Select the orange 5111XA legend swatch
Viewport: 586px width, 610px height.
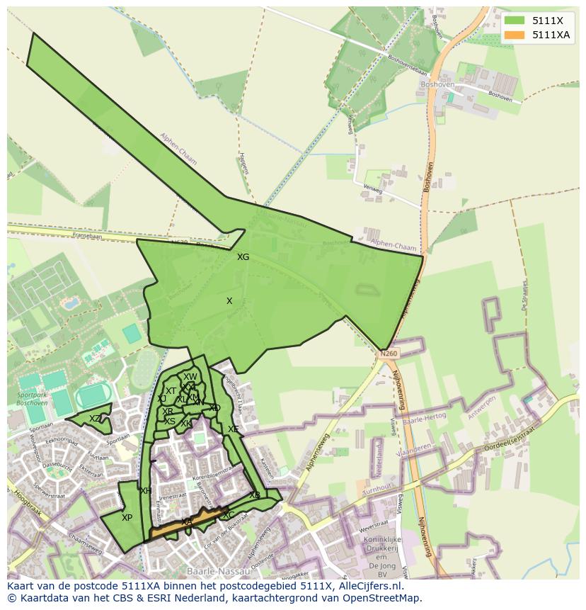coord(514,35)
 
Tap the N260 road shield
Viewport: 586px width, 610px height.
coord(388,353)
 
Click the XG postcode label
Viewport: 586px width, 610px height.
coord(243,257)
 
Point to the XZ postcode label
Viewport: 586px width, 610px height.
coord(95,419)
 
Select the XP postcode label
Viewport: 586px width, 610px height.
coord(127,518)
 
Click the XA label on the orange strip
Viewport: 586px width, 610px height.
coord(187,522)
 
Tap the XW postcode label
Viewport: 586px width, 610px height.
coord(190,377)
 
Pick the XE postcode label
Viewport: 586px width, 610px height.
coord(233,429)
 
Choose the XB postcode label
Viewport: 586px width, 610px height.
coord(254,495)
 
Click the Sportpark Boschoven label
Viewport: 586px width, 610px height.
coord(33,399)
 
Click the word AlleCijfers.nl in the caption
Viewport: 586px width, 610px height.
coord(369,587)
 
